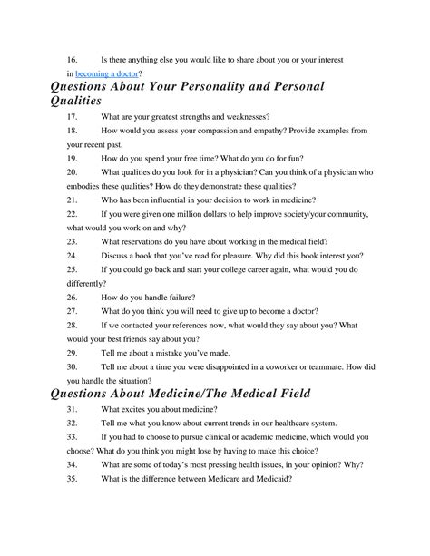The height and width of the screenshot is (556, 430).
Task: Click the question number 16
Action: click(x=73, y=57)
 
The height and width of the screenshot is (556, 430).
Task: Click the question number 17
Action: click(x=73, y=118)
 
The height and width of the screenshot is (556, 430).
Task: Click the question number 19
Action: click(x=73, y=158)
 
